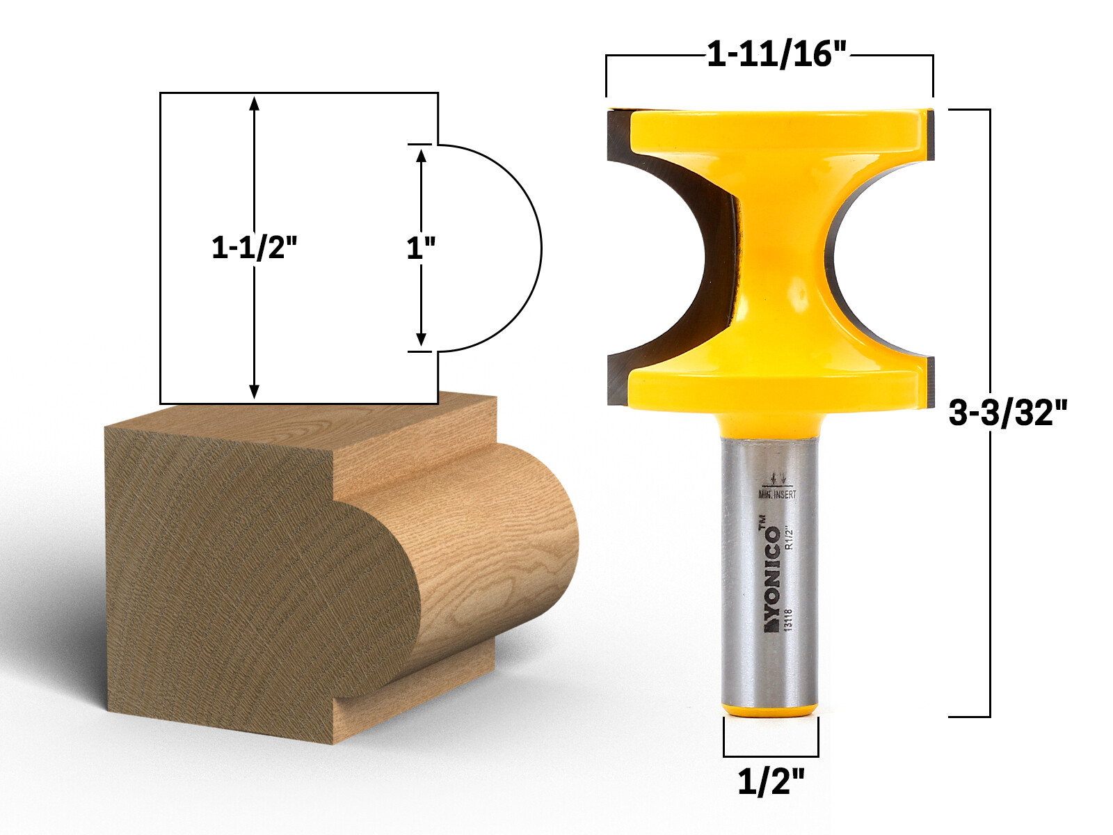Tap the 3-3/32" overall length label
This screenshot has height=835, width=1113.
(1007, 414)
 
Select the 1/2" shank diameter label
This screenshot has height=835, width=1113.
(770, 783)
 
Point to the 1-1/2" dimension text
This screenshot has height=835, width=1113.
(255, 248)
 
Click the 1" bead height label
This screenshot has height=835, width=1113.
(421, 248)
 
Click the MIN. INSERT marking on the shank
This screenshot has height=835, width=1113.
(777, 495)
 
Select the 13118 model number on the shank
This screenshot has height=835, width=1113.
(788, 620)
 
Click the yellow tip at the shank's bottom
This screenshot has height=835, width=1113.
(770, 710)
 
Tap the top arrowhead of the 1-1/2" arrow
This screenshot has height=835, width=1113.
(255, 103)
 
